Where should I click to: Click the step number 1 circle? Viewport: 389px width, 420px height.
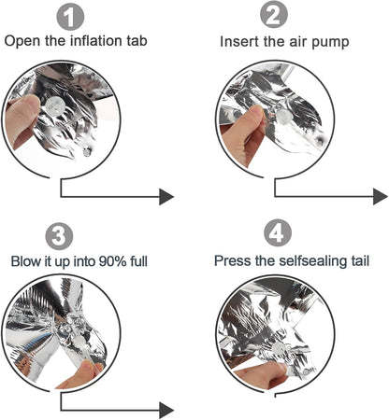click(70, 17)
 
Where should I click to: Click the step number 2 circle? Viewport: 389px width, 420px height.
click(274, 15)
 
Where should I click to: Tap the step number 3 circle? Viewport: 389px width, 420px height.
click(59, 236)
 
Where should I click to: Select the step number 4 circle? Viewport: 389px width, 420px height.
click(278, 232)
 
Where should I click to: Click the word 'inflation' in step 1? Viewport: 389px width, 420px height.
click(96, 41)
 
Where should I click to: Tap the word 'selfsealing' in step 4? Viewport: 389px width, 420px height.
click(312, 260)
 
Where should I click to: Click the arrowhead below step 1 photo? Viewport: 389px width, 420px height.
click(166, 197)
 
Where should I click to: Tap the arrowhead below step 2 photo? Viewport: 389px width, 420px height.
click(381, 196)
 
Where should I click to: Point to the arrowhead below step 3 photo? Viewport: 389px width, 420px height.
click(166, 411)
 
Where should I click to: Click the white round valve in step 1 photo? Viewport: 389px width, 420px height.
click(53, 106)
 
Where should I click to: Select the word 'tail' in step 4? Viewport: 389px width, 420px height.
click(360, 260)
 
